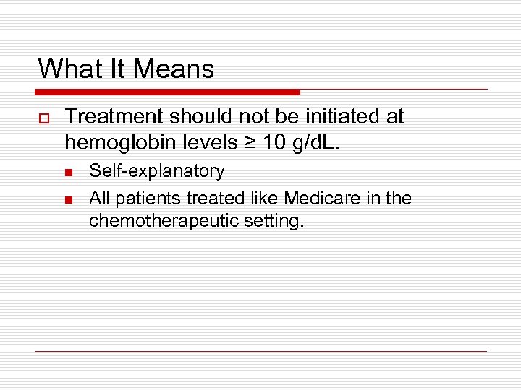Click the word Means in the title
[174, 69]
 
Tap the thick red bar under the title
[167, 92]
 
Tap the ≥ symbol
[250, 142]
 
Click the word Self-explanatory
[156, 171]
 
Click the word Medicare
[318, 197]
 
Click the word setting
[276, 221]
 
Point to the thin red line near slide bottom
[260, 351]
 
